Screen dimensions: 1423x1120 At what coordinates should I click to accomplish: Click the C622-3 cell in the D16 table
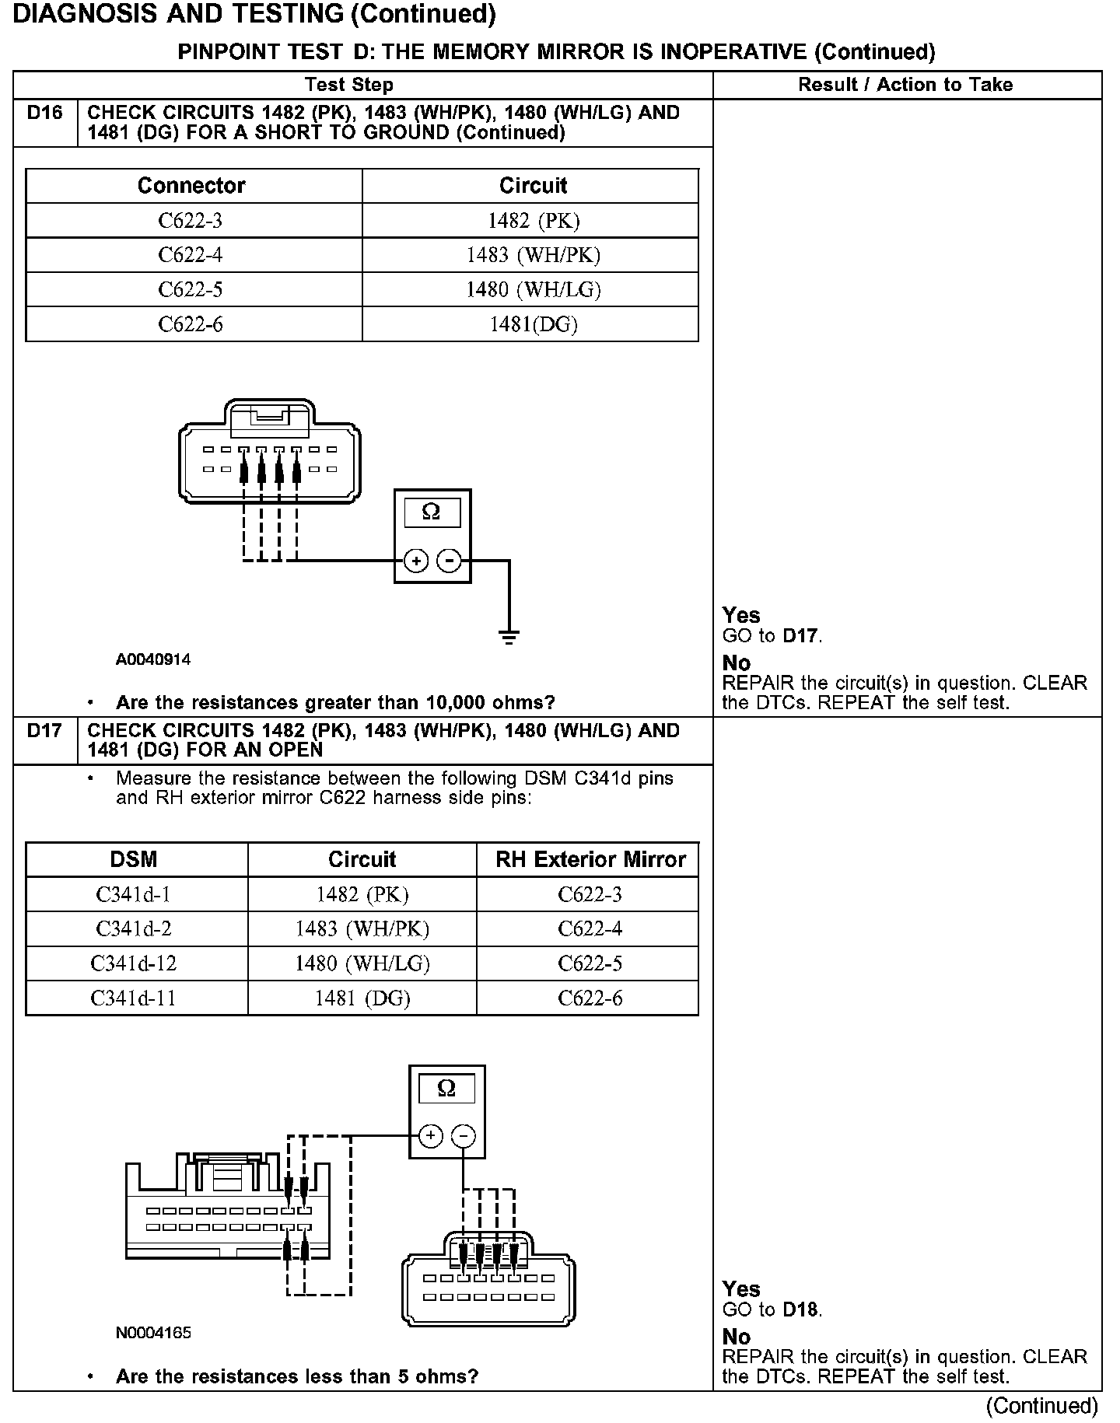coord(191,221)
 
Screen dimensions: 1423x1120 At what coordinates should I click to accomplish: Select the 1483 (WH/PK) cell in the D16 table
coord(533,255)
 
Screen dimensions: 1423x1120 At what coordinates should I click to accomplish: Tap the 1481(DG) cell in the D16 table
coord(533,324)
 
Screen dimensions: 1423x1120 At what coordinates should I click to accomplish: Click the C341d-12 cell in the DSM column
coord(134,963)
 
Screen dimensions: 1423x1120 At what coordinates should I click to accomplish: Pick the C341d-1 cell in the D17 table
coord(134,894)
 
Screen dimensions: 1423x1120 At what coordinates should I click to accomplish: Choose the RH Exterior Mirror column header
coord(590,859)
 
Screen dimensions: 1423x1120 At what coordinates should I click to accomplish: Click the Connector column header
coord(191,186)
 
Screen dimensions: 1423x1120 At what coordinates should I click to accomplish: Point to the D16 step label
coord(44,114)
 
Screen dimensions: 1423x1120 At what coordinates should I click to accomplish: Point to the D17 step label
coord(44,732)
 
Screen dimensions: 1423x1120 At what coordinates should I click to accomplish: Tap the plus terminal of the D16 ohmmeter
coord(416,561)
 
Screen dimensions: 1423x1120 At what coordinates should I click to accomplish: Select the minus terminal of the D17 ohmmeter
coord(464,1136)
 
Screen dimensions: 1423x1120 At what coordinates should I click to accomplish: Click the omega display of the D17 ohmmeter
coord(446,1089)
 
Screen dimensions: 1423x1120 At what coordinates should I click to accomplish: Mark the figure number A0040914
coord(153,659)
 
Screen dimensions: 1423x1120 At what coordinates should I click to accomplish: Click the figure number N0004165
coord(153,1333)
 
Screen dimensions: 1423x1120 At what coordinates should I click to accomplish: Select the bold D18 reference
coord(801,1310)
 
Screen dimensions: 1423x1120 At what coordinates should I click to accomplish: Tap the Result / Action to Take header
coord(905,85)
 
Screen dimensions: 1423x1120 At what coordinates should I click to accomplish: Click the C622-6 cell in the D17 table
coord(590,998)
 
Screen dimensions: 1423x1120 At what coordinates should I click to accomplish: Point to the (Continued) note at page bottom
coord(1041,1406)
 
